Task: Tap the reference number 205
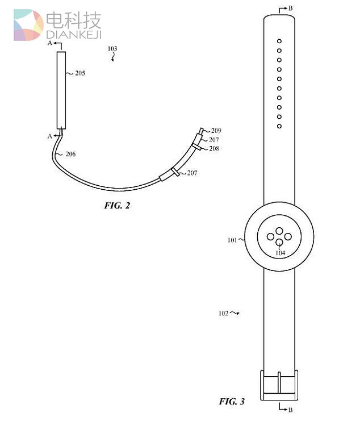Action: point(79,73)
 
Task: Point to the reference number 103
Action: point(112,49)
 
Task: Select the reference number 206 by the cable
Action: point(70,154)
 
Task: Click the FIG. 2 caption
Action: point(117,205)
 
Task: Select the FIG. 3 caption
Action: point(232,402)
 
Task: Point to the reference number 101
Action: point(232,240)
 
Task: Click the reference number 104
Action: point(280,253)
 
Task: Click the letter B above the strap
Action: point(291,9)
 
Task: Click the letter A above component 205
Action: point(50,43)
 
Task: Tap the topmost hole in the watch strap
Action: point(279,41)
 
